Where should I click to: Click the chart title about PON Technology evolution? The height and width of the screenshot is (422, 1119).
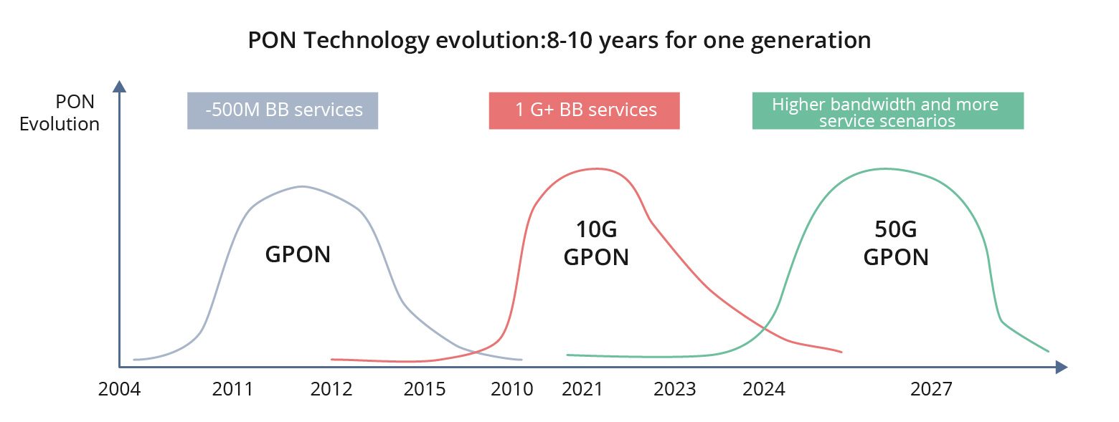pyautogui.click(x=559, y=41)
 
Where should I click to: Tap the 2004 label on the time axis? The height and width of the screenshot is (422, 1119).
pyautogui.click(x=120, y=389)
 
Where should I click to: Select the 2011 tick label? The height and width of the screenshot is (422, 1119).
pyautogui.click(x=232, y=389)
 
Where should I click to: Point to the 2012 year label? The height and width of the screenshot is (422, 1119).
pyautogui.click(x=331, y=389)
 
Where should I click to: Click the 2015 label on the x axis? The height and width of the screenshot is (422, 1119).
pyautogui.click(x=425, y=389)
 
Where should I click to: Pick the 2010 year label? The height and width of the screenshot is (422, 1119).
pyautogui.click(x=512, y=389)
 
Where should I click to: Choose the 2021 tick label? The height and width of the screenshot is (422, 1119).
pyautogui.click(x=582, y=389)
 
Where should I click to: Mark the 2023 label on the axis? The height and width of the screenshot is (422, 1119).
pyautogui.click(x=675, y=389)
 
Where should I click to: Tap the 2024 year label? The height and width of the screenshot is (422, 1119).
pyautogui.click(x=764, y=389)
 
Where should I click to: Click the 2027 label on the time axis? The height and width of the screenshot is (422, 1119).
pyautogui.click(x=931, y=389)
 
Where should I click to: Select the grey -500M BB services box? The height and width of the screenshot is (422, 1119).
pyautogui.click(x=283, y=110)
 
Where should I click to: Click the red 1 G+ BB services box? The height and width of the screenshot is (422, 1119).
pyautogui.click(x=584, y=110)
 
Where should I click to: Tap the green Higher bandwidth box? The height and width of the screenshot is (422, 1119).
pyautogui.click(x=887, y=112)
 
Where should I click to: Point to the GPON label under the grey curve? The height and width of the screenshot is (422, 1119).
pyautogui.click(x=298, y=254)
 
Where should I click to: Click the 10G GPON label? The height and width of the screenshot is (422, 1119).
pyautogui.click(x=596, y=244)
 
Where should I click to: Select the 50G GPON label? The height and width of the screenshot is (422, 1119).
pyautogui.click(x=896, y=244)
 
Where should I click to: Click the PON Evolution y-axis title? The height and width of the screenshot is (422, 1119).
pyautogui.click(x=60, y=113)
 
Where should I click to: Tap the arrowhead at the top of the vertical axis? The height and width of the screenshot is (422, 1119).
pyautogui.click(x=120, y=86)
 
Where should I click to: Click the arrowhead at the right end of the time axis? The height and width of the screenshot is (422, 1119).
pyautogui.click(x=1062, y=368)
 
